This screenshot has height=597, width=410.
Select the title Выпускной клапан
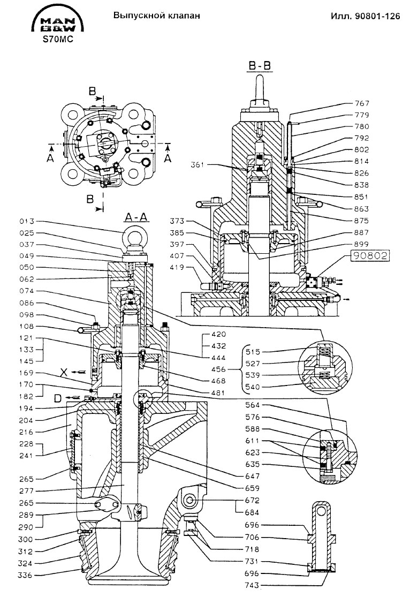[x=157, y=16]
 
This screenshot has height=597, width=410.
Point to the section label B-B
[x=260, y=66]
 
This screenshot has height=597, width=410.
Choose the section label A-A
[x=133, y=217]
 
